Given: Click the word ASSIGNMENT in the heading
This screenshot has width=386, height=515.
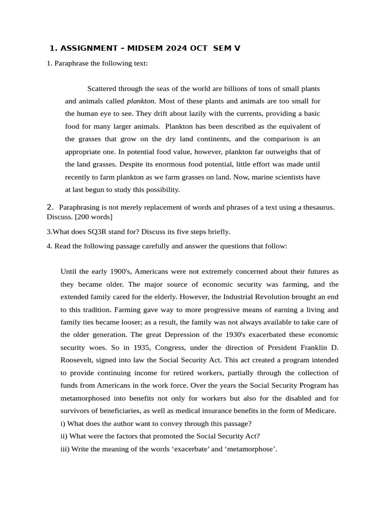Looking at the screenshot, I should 89,48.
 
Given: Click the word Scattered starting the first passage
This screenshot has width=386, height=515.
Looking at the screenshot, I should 104,88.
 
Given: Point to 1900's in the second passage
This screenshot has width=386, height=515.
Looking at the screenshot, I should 120,271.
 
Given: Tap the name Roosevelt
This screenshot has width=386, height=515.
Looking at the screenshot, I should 76,360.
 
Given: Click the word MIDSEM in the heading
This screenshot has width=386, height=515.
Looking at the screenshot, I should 143,48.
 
